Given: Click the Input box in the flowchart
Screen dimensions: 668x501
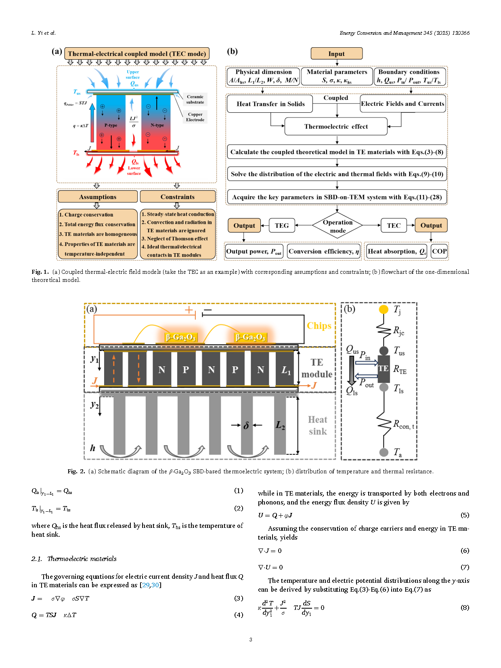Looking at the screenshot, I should click(x=336, y=54).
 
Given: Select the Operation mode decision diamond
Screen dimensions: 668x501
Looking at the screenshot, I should click(x=337, y=226).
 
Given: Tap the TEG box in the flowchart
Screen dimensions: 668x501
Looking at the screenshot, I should click(x=282, y=226).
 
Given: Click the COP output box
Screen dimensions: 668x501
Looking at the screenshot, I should click(x=439, y=251).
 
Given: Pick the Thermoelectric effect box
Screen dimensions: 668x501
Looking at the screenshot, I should click(x=336, y=126).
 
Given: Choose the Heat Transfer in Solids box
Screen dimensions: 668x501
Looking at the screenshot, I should click(x=270, y=104).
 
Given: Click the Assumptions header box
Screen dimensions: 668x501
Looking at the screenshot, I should click(x=98, y=197).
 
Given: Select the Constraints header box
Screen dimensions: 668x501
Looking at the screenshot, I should click(x=177, y=197).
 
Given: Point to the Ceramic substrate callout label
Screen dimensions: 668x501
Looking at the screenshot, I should click(x=195, y=99).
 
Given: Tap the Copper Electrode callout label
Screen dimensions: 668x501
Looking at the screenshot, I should click(x=195, y=117).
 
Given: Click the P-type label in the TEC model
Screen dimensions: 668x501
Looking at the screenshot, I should click(x=111, y=125).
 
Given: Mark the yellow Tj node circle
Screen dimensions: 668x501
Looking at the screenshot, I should click(x=384, y=309).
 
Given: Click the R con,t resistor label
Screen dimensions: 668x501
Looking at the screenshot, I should click(x=403, y=424).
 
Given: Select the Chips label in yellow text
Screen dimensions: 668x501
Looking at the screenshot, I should click(x=319, y=326).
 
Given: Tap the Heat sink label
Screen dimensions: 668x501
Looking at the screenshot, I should click(x=318, y=426).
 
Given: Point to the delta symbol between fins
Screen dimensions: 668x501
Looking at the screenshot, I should click(x=246, y=425).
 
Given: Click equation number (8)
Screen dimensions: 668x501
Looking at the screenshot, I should click(x=465, y=607).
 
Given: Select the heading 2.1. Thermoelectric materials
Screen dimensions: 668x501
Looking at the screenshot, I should click(x=74, y=559).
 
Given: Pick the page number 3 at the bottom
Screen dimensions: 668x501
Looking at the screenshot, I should click(x=251, y=639).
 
